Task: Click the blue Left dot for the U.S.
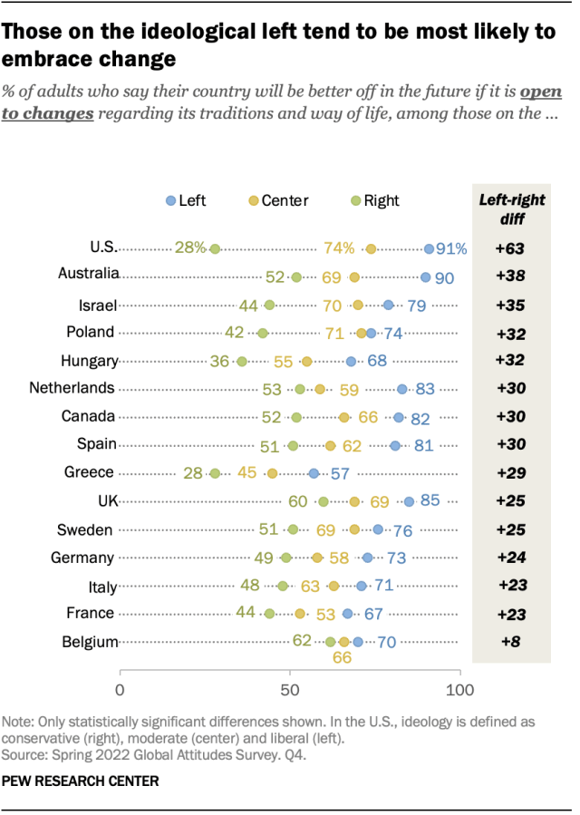pos(429,248)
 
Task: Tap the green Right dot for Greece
pos(215,473)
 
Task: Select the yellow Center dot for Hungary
pos(306,361)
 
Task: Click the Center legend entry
pos(279,200)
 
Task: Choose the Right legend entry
pos(374,200)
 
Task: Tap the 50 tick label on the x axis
pos(290,691)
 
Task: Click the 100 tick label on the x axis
pos(459,691)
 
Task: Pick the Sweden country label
pos(90,529)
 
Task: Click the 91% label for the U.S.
pos(450,248)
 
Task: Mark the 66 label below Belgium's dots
pos(343,659)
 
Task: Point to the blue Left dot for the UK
pos(409,501)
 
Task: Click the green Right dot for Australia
pos(295,277)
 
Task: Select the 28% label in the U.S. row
pos(190,248)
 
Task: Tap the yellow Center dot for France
pos(300,614)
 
